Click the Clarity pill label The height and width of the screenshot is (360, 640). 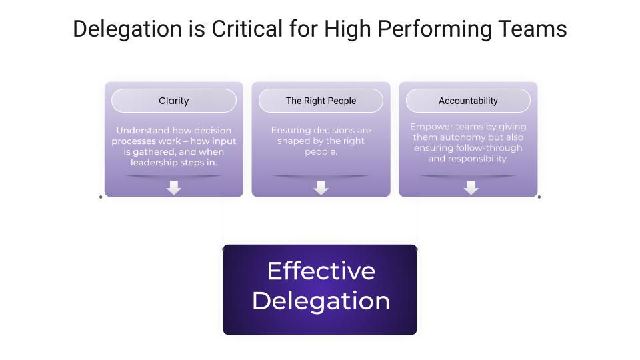174,101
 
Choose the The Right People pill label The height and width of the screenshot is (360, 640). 321,101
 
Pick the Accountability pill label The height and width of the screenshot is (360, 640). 468,101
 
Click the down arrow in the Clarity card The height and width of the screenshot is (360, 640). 174,188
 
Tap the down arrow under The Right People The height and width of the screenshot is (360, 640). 321,188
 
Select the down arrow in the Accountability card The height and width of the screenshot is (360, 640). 471,188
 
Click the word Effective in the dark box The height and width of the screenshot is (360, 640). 321,271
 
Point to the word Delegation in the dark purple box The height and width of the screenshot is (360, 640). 321,301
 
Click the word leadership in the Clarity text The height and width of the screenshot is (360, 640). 154,163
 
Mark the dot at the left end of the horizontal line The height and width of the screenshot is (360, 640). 101,197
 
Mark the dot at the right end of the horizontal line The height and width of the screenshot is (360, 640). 539,197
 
